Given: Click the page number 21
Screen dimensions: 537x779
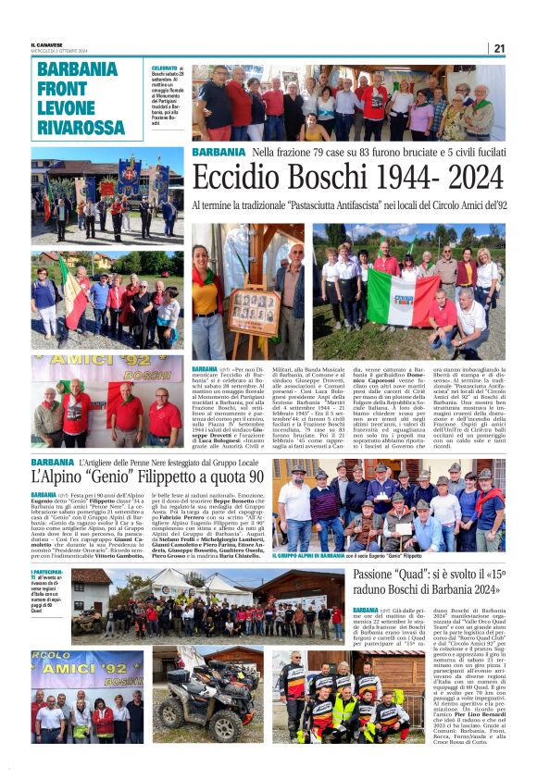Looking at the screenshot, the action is pyautogui.click(x=499, y=48).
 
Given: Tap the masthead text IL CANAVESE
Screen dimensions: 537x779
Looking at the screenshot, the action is pyautogui.click(x=47, y=43).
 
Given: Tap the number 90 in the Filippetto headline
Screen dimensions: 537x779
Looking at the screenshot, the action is pyautogui.click(x=247, y=477).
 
